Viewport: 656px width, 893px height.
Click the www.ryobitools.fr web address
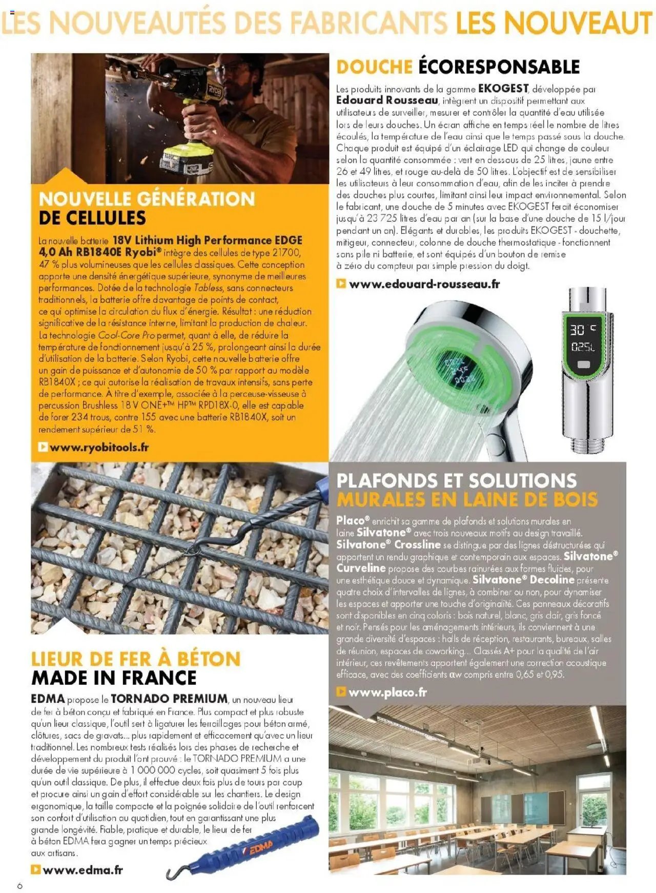[99, 447]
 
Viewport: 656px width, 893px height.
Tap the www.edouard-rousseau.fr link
[424, 284]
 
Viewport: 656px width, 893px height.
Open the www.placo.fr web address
[387, 692]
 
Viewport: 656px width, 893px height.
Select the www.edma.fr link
[83, 869]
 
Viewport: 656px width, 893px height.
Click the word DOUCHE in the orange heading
[374, 67]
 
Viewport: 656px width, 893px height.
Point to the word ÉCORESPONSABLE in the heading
[499, 67]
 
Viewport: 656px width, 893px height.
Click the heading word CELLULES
[92, 218]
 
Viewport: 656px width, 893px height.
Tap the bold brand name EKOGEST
[503, 88]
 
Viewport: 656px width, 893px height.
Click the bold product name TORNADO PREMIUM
[169, 699]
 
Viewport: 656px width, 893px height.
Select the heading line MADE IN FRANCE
[114, 678]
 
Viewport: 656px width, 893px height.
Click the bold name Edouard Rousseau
[387, 100]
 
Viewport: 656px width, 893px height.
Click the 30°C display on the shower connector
[584, 330]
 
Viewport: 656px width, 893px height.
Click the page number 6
[19, 886]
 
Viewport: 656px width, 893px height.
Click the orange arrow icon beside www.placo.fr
[341, 692]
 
